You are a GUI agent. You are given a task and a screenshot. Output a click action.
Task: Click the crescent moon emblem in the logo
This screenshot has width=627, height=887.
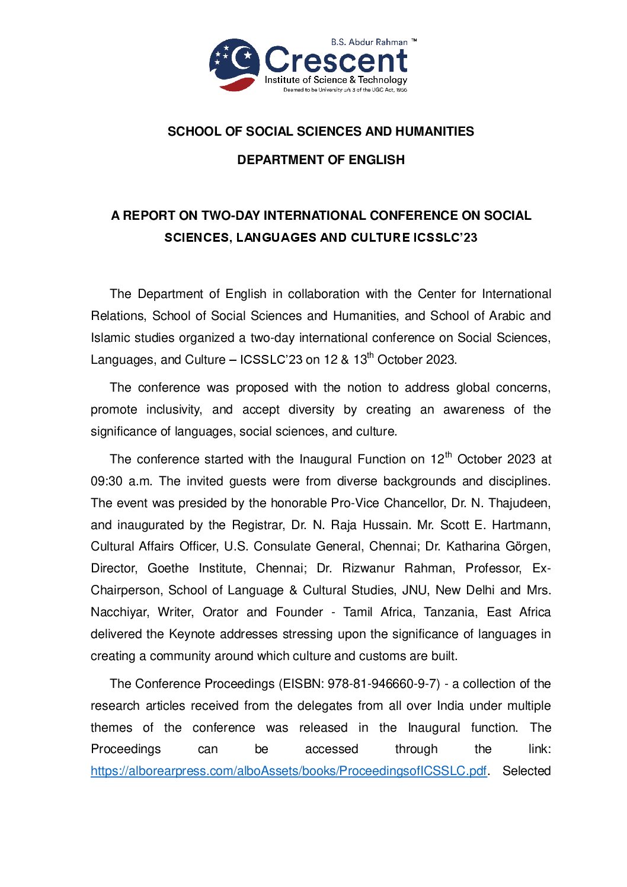[235, 64]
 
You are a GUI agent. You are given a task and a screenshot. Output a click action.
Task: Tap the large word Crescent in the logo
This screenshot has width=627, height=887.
[336, 60]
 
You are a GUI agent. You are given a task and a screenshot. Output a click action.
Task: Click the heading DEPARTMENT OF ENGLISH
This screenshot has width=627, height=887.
[321, 160]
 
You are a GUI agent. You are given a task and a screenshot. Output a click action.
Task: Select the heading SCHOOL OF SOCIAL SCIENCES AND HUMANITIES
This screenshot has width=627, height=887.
[321, 132]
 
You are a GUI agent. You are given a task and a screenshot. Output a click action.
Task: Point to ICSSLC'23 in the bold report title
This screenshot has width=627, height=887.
[445, 238]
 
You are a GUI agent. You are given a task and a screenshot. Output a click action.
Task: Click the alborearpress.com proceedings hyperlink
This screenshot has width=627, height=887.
[289, 771]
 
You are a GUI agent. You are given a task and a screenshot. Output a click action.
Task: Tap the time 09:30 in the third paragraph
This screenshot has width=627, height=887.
[107, 481]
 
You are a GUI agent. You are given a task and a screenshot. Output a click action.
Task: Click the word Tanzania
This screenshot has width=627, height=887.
[450, 613]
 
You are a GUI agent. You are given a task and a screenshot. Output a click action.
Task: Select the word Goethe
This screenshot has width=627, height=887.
[168, 569]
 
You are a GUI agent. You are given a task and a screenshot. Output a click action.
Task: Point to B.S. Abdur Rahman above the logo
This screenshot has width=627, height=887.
[369, 42]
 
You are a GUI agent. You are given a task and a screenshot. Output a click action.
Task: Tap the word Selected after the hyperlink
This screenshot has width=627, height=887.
[526, 771]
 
